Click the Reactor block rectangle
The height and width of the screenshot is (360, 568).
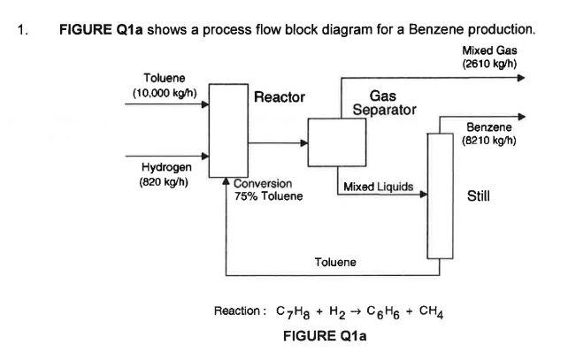228,130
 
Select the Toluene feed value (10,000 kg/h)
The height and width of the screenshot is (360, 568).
164,93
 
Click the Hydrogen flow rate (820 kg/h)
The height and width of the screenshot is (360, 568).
163,182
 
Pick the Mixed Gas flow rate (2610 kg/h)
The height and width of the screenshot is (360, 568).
489,64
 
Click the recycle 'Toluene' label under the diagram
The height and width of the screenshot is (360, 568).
335,262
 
